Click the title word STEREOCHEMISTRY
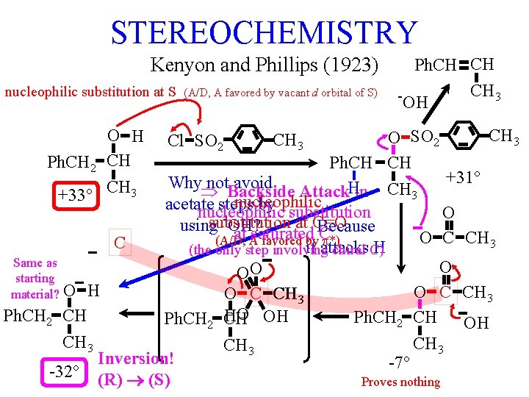click(x=263, y=32)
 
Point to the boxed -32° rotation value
click(x=65, y=371)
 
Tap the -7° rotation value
click(x=398, y=362)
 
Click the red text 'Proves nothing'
click(x=400, y=382)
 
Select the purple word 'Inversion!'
click(x=136, y=359)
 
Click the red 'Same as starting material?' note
click(x=35, y=278)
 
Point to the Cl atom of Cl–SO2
click(x=176, y=140)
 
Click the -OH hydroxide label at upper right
click(x=412, y=101)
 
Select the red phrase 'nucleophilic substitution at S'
click(x=90, y=93)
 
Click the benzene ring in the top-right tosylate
click(x=464, y=136)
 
